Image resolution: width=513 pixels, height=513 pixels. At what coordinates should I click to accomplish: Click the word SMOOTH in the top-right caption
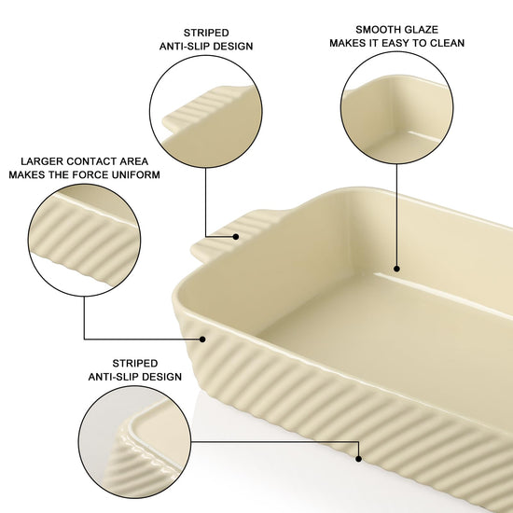(x=376, y=30)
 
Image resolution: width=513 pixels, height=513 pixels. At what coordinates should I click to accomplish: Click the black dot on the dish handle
(x=236, y=237)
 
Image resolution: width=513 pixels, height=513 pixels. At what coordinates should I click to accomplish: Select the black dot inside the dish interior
(x=396, y=269)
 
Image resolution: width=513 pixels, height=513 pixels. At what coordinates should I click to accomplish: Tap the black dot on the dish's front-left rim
(x=202, y=340)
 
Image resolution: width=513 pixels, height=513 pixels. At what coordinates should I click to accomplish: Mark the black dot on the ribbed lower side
(x=358, y=459)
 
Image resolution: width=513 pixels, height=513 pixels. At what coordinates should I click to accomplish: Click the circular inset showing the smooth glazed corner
(x=396, y=108)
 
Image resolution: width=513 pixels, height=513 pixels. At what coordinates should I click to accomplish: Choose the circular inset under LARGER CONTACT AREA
(x=84, y=241)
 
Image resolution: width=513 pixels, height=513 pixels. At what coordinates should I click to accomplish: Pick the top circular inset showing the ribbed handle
(x=206, y=112)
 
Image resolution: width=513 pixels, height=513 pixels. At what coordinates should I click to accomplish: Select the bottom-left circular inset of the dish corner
(x=135, y=442)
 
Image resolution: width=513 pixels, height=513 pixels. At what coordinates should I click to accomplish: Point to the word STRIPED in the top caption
(x=206, y=33)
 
